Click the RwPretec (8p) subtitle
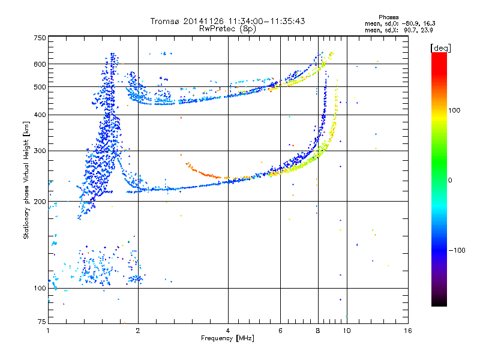[x=227, y=29]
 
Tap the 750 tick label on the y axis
[x=40, y=38]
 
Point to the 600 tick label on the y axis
[x=40, y=64]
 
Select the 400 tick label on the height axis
[x=40, y=115]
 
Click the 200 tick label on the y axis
[x=40, y=202]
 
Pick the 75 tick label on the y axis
[x=42, y=322]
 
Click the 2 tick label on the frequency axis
[x=138, y=331]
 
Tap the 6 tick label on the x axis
[x=280, y=331]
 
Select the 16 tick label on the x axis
[x=408, y=331]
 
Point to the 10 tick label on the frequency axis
[x=347, y=331]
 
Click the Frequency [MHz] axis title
[x=227, y=338]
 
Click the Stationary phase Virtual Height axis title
[x=26, y=180]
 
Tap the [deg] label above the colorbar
[x=440, y=48]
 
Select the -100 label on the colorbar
[x=457, y=250]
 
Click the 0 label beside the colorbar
[x=450, y=181]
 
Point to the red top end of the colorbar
[x=439, y=54]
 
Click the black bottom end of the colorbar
[x=439, y=305]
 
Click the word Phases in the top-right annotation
[x=388, y=17]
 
